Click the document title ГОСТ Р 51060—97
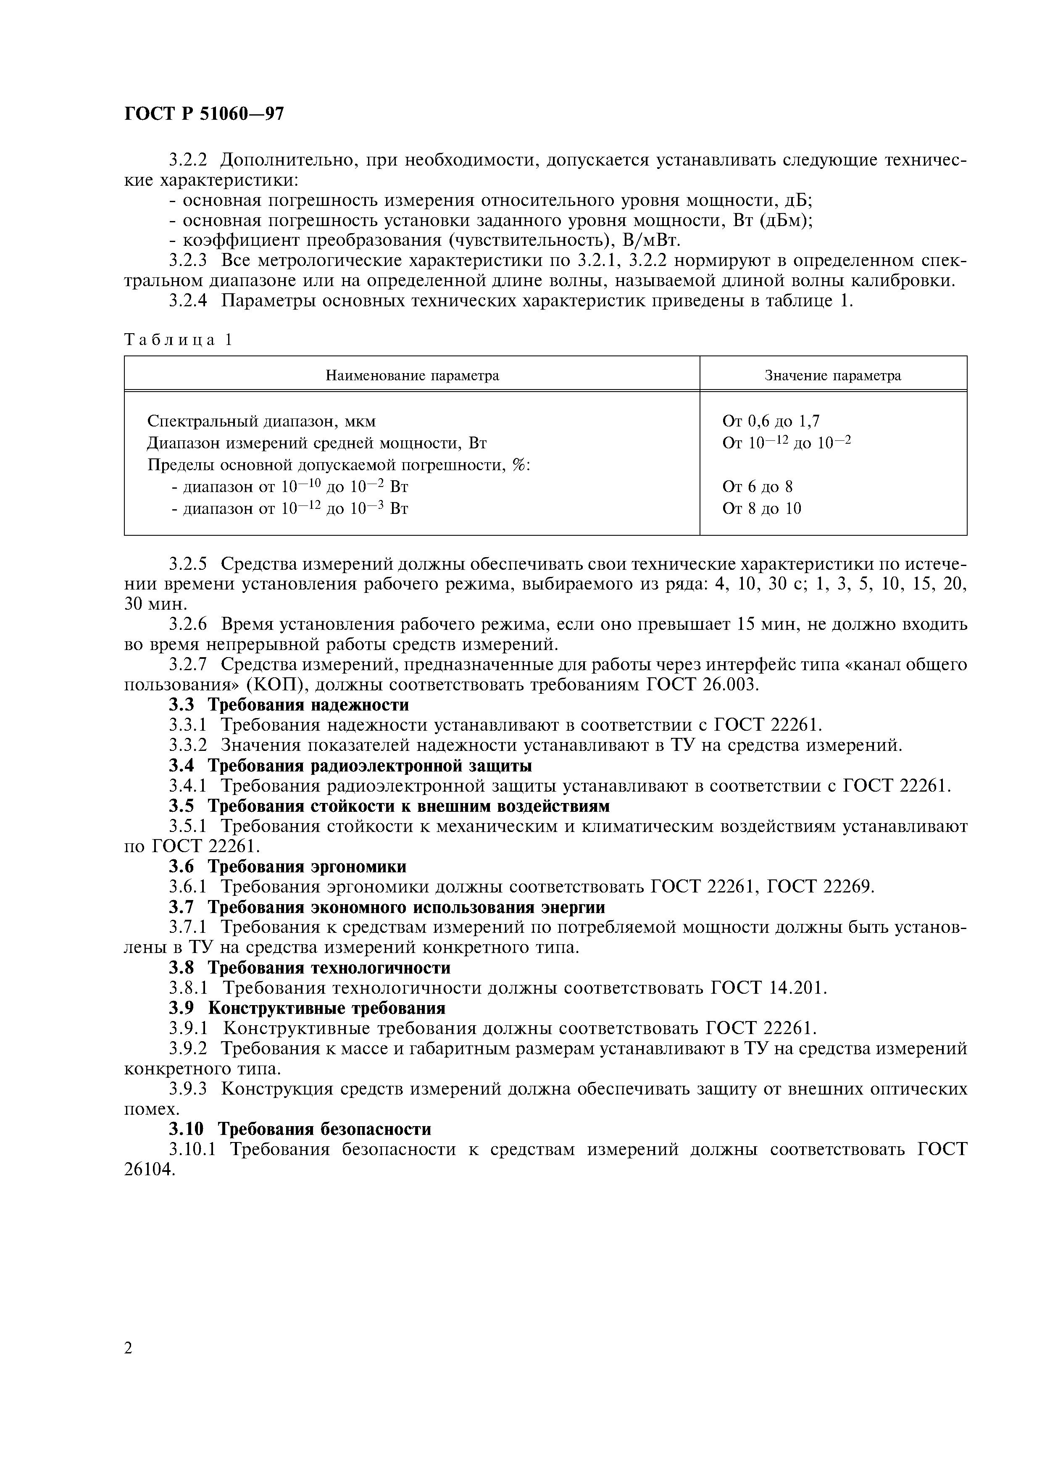pos(203,114)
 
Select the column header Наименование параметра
pos(412,376)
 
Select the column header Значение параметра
pos(833,376)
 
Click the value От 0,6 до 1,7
pos(771,421)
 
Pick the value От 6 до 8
pos(757,487)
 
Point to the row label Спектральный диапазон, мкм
pos(261,421)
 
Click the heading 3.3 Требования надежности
pos(289,705)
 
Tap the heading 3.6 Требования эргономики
pos(288,867)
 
